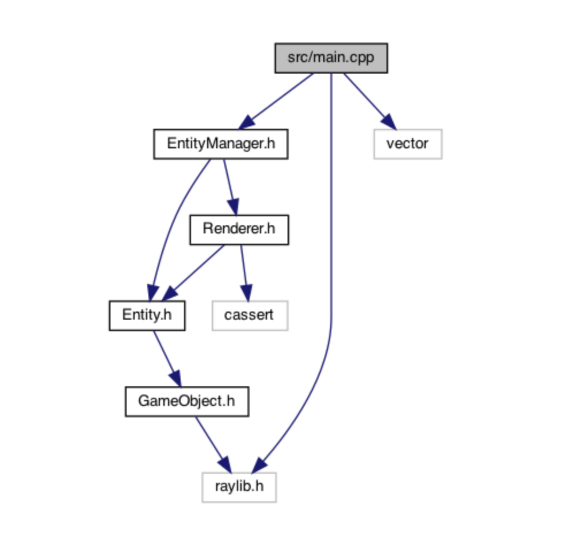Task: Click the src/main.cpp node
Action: [x=331, y=58]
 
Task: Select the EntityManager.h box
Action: [x=220, y=144]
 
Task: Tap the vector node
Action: [x=407, y=144]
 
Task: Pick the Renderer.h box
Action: [x=239, y=229]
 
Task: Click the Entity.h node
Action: [x=147, y=315]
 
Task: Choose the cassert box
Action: [x=250, y=315]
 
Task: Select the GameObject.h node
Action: [x=186, y=401]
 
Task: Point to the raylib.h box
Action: [x=239, y=487]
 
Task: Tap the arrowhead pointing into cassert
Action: [x=246, y=294]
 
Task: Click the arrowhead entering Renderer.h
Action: [x=232, y=208]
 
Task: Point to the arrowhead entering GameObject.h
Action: [x=175, y=379]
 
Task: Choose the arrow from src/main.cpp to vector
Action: [x=368, y=98]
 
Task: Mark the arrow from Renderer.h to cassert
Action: [x=243, y=270]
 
